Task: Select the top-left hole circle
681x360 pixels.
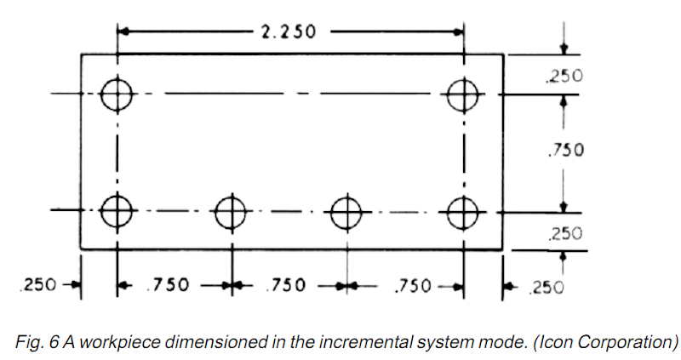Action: (x=117, y=94)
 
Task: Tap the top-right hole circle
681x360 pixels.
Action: (x=463, y=94)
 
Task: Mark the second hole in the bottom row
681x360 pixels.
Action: (x=231, y=210)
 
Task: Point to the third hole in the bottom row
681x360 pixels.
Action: (x=346, y=210)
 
